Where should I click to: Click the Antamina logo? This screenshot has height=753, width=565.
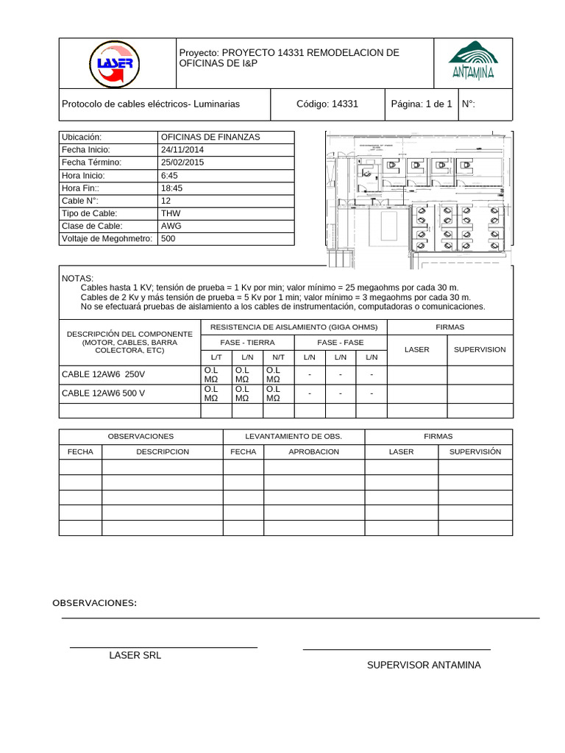[473, 60]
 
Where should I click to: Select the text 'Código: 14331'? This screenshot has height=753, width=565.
[327, 104]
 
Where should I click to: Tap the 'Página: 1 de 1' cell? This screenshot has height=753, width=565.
[422, 104]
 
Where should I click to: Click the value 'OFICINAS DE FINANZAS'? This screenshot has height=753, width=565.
[210, 138]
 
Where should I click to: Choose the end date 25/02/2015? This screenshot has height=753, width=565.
[182, 163]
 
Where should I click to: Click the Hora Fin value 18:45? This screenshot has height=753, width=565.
[171, 188]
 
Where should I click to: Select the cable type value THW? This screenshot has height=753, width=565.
[170, 213]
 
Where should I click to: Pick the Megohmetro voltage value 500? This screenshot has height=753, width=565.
[168, 239]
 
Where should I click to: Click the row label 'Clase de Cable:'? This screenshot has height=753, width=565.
[92, 226]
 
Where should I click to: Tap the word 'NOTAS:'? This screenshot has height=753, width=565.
[78, 279]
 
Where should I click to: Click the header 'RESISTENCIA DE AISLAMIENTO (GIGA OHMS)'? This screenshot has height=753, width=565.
[294, 327]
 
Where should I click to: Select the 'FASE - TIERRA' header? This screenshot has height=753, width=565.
[247, 343]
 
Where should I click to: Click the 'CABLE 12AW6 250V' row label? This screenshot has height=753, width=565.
[103, 374]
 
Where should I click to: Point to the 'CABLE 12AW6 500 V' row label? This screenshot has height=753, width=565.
[104, 393]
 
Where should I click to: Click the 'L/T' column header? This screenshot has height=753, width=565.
[216, 357]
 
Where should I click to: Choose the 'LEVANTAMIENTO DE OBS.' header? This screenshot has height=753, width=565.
[293, 437]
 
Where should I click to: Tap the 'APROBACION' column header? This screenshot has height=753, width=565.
[314, 452]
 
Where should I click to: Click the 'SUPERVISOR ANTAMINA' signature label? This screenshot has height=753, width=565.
[424, 665]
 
